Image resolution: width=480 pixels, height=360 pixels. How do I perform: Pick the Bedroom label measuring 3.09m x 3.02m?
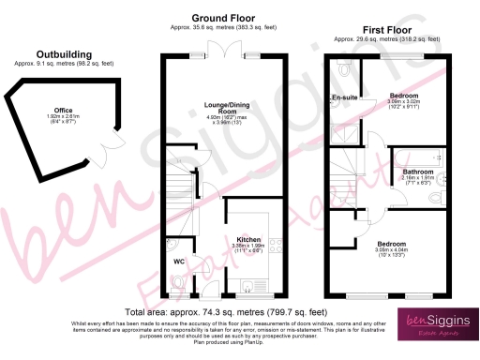click(x=405, y=97)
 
